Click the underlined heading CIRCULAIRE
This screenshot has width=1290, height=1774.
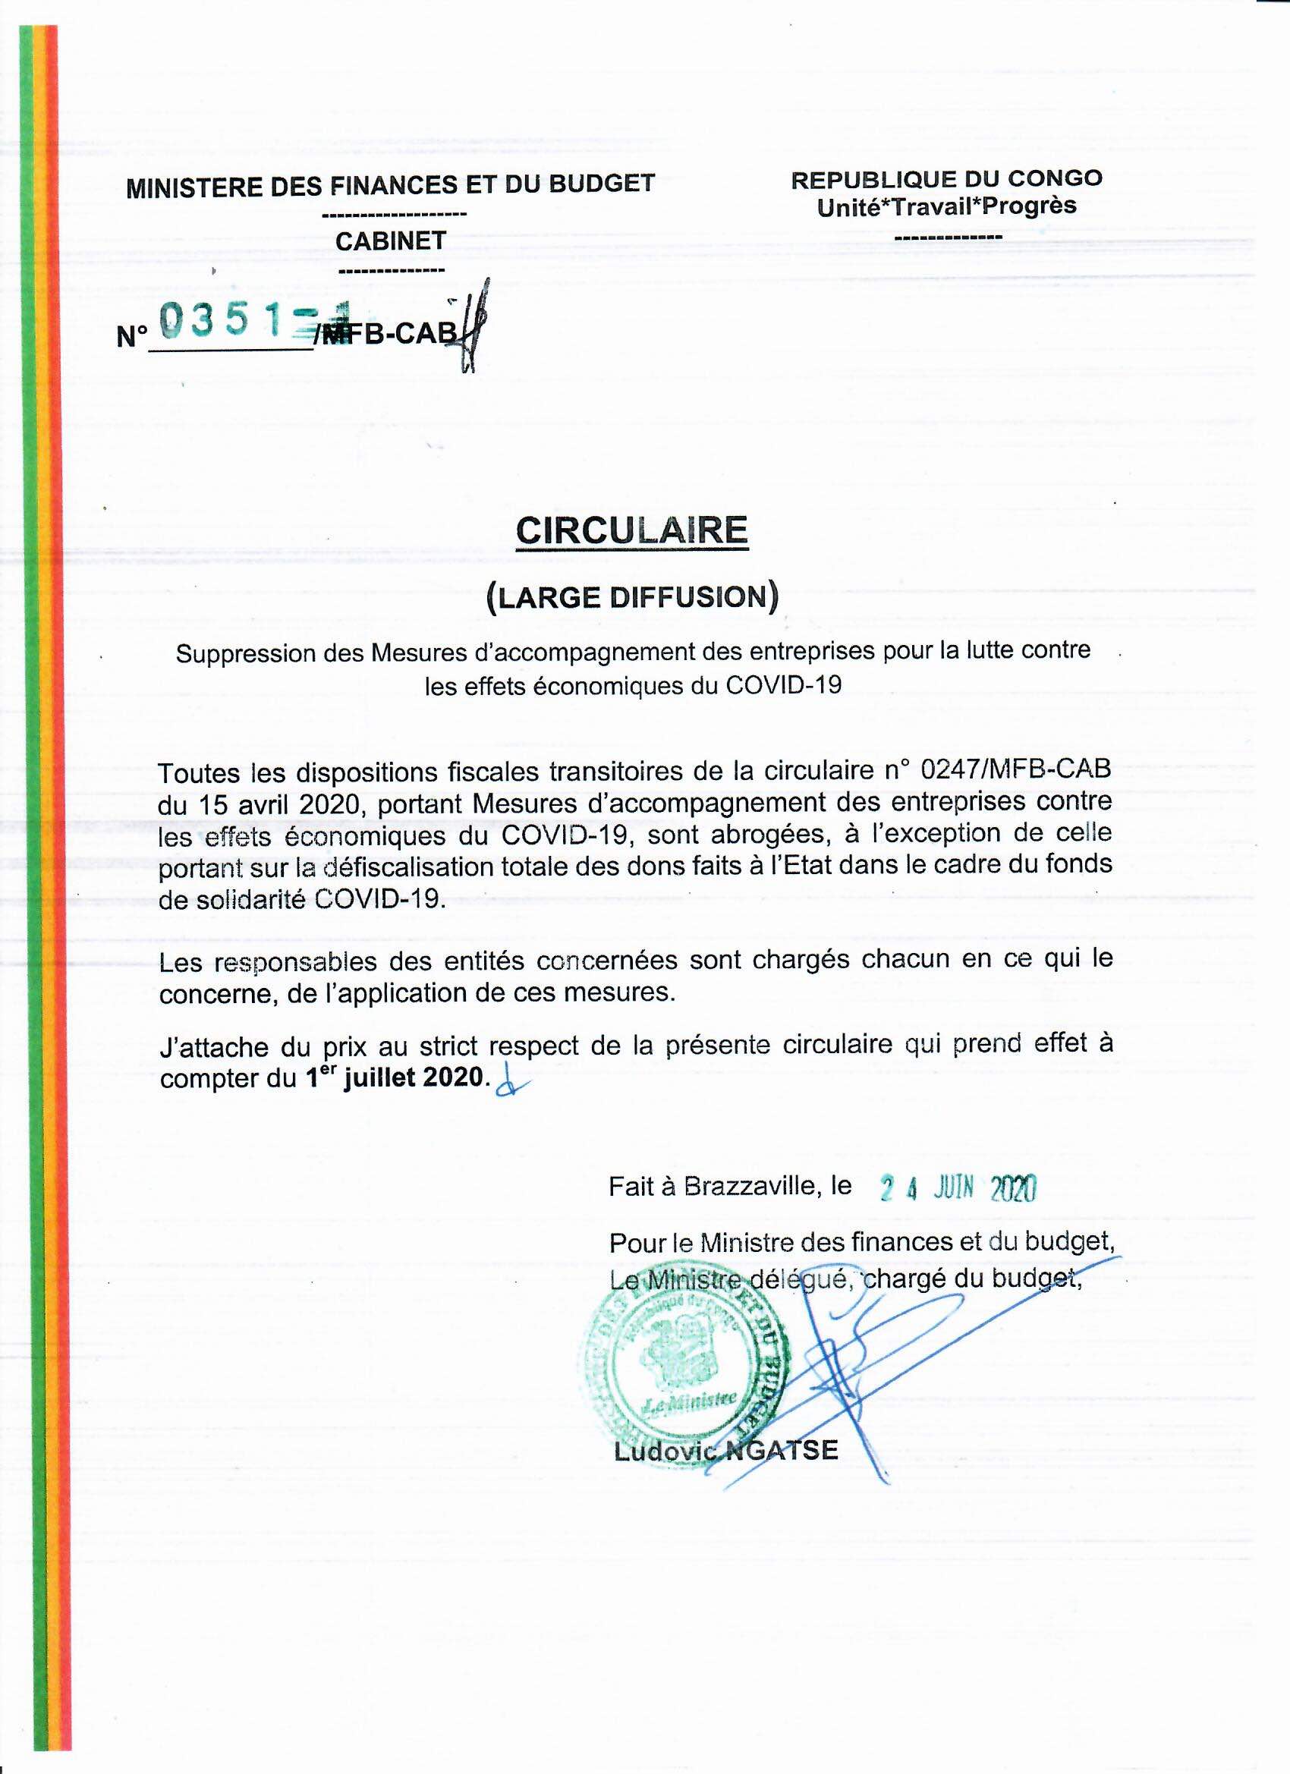(x=632, y=531)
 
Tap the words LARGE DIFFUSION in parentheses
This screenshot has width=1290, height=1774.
(x=632, y=597)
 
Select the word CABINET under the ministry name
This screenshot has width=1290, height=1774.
(x=390, y=241)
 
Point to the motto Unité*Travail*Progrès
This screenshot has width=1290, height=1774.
(x=946, y=206)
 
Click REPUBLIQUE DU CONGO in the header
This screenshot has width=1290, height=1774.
(x=946, y=179)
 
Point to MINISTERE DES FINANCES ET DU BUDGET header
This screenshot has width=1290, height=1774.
(x=390, y=184)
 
